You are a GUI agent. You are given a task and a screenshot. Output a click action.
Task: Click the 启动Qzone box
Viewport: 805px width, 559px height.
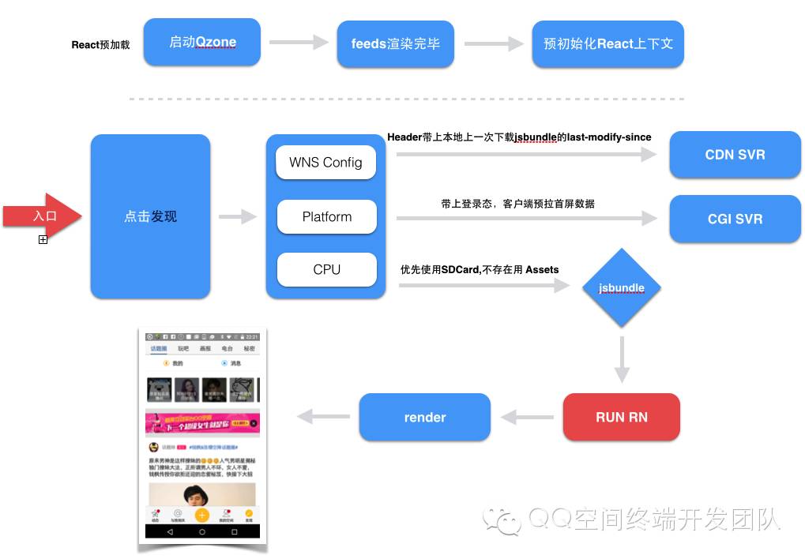pos(202,43)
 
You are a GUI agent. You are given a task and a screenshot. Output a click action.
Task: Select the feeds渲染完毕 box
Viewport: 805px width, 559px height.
pos(396,44)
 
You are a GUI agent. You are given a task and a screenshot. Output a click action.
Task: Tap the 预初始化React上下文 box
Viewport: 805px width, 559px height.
pos(608,44)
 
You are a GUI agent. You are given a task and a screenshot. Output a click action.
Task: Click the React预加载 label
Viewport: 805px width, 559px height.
pos(101,45)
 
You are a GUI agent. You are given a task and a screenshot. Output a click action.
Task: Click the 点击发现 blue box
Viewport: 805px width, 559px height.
pos(151,216)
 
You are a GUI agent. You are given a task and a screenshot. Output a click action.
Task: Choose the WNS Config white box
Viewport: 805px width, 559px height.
pos(325,163)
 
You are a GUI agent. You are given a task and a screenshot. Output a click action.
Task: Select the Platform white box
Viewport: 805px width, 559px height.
pos(326,217)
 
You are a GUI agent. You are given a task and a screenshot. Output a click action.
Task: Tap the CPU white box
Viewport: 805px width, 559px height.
pos(326,270)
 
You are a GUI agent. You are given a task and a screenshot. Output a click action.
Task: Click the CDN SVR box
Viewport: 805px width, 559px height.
pos(735,155)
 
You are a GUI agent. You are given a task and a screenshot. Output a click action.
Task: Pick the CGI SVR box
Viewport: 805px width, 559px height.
pos(735,219)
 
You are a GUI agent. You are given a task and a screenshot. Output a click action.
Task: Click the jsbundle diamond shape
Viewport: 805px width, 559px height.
pos(622,288)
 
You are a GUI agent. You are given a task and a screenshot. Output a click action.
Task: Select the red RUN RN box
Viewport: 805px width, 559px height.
pos(622,417)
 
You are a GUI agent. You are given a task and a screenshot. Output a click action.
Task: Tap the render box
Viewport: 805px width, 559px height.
pos(425,417)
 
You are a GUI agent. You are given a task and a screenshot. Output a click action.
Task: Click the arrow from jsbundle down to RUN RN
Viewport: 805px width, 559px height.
pos(622,359)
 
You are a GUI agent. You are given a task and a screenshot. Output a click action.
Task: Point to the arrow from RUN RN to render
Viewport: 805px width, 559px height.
pos(527,417)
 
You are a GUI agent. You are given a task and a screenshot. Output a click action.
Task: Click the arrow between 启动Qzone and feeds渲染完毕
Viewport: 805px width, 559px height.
pos(299,43)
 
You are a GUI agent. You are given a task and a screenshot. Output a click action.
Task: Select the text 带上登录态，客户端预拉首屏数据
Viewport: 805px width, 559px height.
pos(517,204)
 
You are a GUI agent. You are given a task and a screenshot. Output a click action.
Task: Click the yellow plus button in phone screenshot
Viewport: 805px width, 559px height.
pos(202,515)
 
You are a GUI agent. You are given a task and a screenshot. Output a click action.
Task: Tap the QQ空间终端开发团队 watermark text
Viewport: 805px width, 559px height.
pos(654,519)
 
